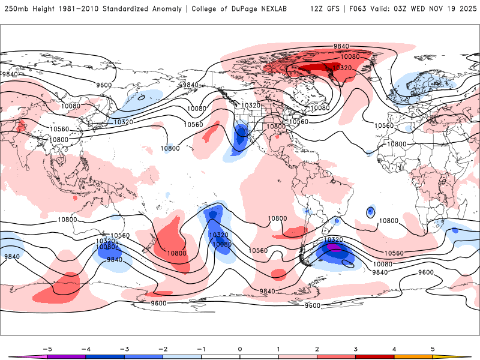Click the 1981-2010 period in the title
coord(77,9)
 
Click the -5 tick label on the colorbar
coord(46,348)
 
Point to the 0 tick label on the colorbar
coord(240,348)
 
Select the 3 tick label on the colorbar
coord(356,348)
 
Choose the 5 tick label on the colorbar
coord(433,348)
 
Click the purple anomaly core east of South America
coord(335,247)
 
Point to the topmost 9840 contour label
coord(341,46)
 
